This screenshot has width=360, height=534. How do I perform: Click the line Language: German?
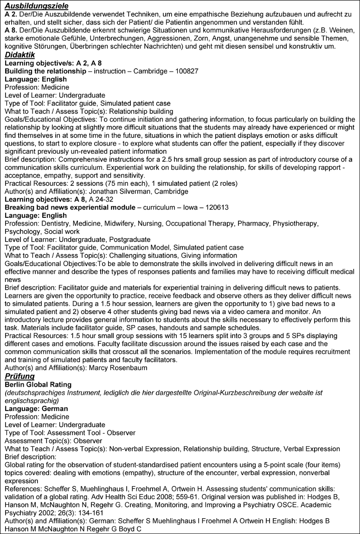pos(36,409)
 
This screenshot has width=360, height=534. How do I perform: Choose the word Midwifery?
pos(129,223)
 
